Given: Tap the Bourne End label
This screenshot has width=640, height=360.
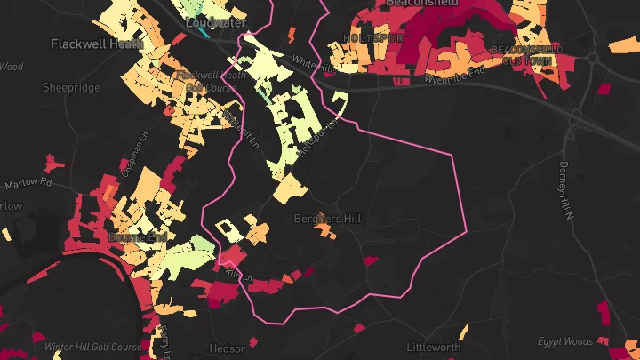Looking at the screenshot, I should (x=136, y=238).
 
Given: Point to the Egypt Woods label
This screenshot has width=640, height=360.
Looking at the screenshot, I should (x=564, y=341).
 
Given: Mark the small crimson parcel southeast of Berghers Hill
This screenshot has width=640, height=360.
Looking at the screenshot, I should (x=370, y=261).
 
